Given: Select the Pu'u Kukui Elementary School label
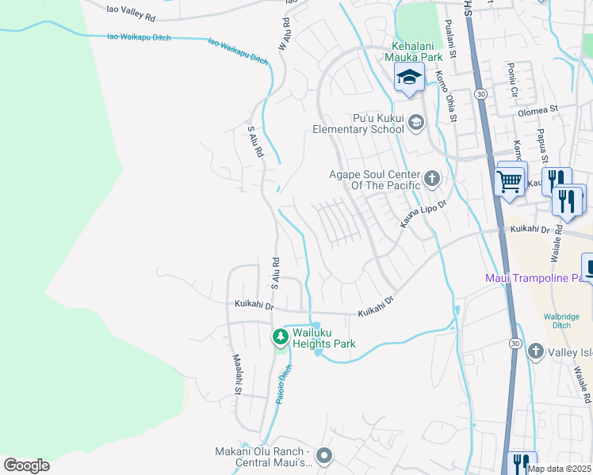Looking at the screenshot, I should (x=358, y=123).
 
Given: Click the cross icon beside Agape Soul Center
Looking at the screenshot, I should (x=432, y=177).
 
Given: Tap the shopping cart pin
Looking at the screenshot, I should (x=510, y=180).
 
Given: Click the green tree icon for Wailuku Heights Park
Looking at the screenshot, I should (x=280, y=338).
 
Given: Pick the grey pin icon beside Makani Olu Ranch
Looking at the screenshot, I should (x=323, y=456).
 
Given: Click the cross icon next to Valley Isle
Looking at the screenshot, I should (x=535, y=350).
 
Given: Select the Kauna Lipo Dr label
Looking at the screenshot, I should (x=423, y=215).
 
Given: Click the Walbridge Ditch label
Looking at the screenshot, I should (x=562, y=321).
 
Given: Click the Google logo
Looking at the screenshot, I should (x=26, y=465).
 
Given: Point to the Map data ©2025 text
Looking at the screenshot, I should (x=558, y=469).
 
